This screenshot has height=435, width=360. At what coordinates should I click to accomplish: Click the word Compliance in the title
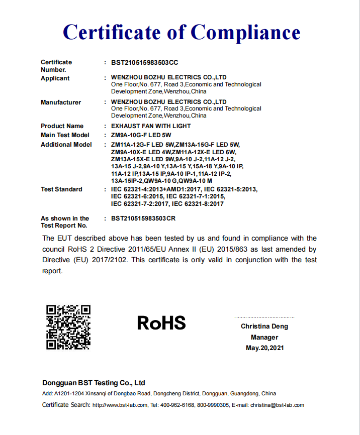245,32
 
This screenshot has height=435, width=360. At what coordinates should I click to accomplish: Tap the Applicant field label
55,78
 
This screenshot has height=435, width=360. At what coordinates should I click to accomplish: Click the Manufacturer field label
61,102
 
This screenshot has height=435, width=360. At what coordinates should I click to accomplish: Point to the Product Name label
62,126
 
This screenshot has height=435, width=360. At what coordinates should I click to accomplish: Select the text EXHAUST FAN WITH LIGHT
151,126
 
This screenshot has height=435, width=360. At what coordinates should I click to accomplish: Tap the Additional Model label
66,145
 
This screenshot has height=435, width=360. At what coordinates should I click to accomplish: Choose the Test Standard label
61,189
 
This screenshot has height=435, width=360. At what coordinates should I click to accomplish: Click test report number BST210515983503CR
143,219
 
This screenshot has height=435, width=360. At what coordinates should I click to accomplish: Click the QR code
68,327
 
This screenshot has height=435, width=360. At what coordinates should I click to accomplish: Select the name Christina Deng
264,327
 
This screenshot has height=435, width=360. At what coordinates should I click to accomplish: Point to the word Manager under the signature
264,338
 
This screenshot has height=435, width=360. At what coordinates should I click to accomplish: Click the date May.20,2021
264,348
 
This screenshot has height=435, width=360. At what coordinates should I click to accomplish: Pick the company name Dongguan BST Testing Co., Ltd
94,383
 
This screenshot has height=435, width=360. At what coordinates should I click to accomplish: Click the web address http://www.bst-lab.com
120,405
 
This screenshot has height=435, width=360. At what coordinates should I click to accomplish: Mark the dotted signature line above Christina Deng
264,317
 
